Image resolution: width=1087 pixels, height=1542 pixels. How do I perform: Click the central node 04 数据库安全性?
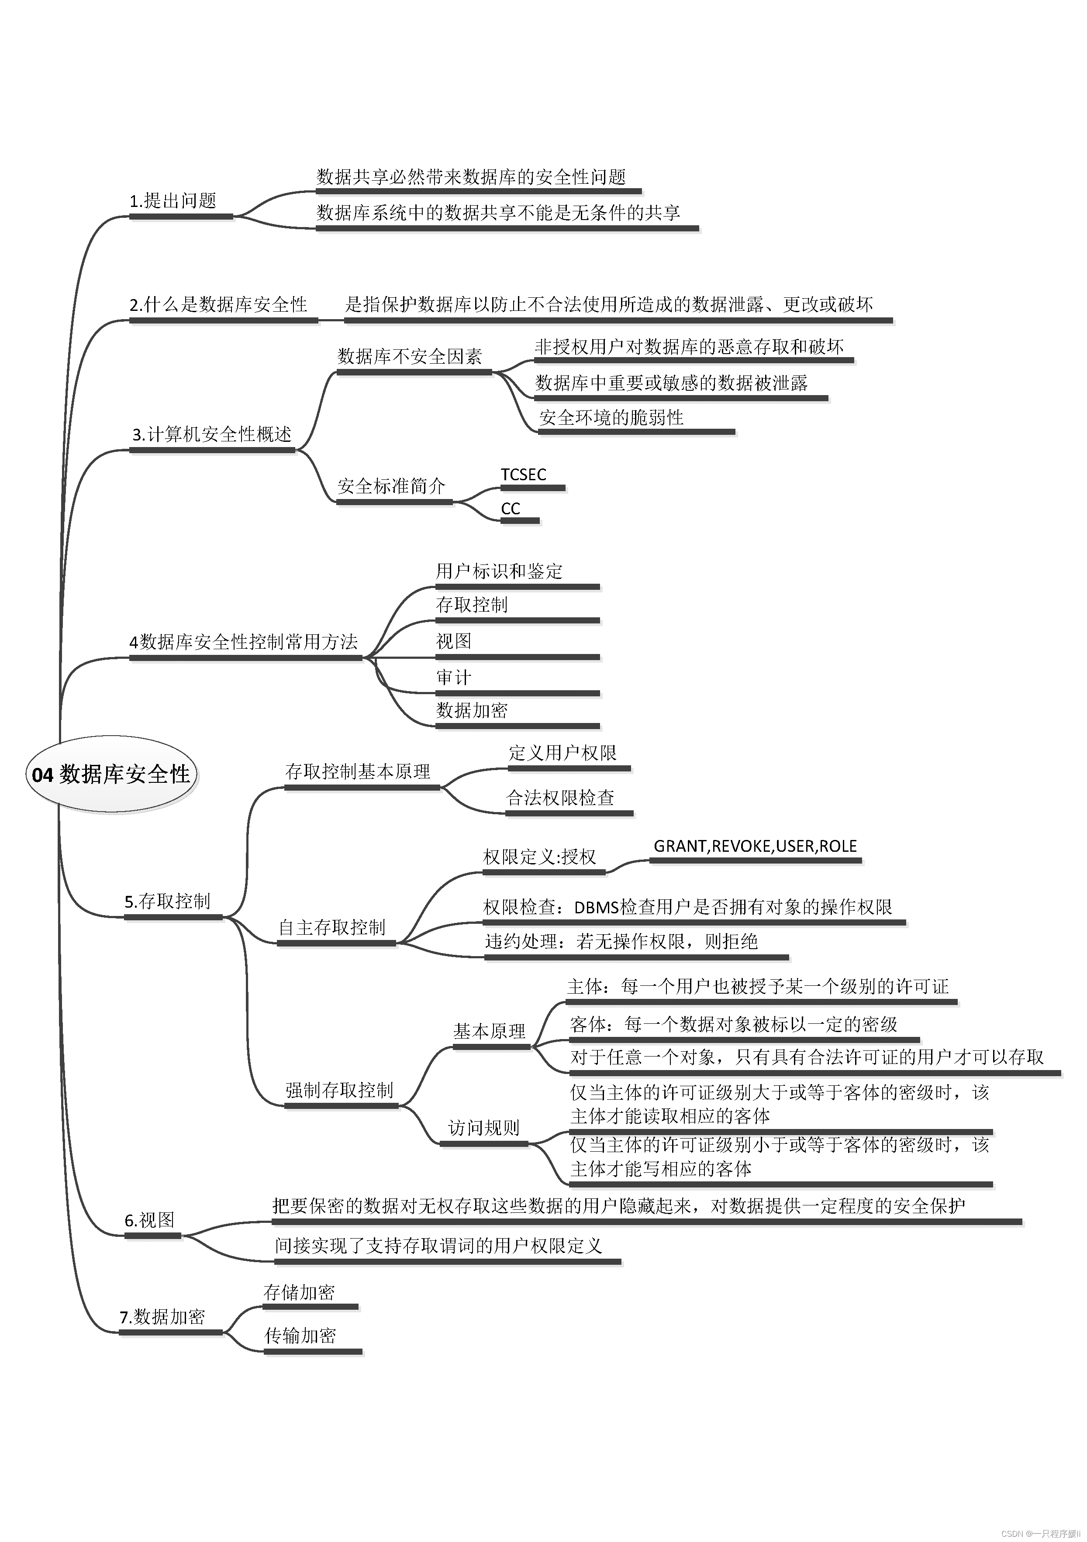pyautogui.click(x=111, y=774)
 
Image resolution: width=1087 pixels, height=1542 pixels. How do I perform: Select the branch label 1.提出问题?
pyautogui.click(x=173, y=201)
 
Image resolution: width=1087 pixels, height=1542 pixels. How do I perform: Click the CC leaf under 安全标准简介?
pyautogui.click(x=511, y=509)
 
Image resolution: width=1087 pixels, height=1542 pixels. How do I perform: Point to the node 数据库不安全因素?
pyautogui.click(x=409, y=357)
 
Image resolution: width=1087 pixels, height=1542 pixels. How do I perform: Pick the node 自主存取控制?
pyautogui.click(x=332, y=927)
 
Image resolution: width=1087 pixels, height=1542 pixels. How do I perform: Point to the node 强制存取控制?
pyautogui.click(x=339, y=1090)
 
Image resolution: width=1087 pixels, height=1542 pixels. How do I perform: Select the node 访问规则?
pyautogui.click(x=484, y=1128)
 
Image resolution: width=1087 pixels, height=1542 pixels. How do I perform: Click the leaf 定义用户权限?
pyautogui.click(x=562, y=753)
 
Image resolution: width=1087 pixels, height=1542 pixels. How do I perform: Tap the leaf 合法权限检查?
pyautogui.click(x=560, y=798)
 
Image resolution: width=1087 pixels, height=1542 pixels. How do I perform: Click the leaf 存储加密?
pyautogui.click(x=299, y=1292)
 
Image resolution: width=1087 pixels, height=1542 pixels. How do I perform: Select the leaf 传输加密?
pyautogui.click(x=300, y=1336)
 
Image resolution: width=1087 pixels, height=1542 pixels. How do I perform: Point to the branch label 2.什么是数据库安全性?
pyautogui.click(x=218, y=305)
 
